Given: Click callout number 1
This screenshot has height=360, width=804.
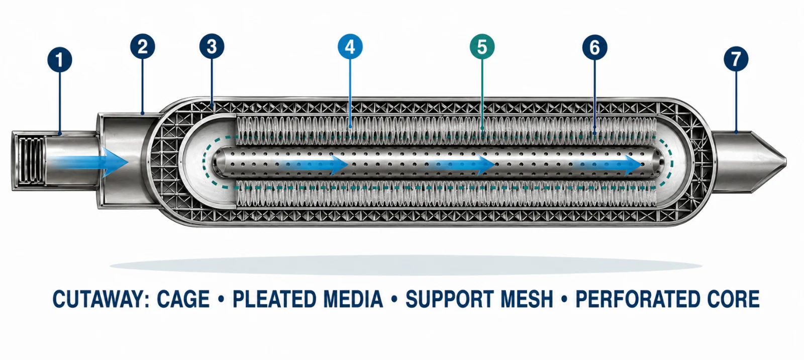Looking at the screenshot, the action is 60,60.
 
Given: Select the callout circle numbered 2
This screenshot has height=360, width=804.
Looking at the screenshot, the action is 143,47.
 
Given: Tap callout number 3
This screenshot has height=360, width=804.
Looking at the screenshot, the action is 212,47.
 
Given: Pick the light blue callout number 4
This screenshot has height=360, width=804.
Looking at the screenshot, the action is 350,47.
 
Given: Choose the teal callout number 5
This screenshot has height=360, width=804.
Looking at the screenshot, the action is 482,47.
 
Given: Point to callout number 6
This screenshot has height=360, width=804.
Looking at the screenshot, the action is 595,47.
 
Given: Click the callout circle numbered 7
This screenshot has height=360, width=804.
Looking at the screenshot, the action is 736,59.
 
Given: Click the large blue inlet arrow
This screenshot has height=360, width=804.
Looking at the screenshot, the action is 90,162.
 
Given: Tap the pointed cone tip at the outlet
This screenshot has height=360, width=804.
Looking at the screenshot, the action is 786,161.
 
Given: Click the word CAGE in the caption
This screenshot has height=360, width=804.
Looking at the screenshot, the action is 183,299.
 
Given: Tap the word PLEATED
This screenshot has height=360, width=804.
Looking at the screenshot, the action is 274,299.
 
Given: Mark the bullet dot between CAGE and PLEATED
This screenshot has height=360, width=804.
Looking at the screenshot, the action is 221,299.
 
